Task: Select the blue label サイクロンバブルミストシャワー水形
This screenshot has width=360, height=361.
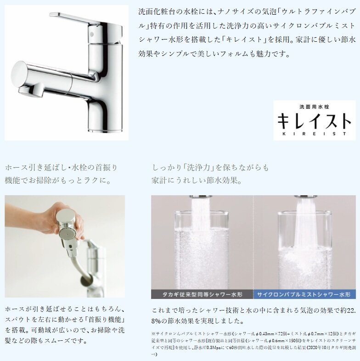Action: pyautogui.click(x=304, y=294)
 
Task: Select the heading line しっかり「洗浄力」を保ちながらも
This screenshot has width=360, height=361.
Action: pyautogui.click(x=211, y=167)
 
